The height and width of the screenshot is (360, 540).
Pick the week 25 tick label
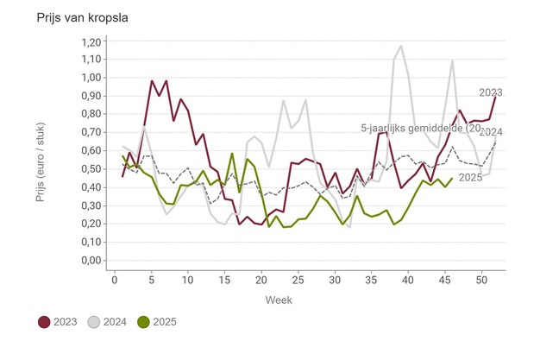point(298,280)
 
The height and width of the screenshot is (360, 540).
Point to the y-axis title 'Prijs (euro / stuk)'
point(41,153)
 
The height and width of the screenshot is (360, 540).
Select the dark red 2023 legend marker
point(44,322)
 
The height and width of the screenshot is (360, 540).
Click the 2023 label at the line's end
point(491,92)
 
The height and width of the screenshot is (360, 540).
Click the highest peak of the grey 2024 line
point(401,47)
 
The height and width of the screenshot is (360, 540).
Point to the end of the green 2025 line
point(452,179)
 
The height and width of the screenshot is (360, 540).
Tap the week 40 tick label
point(408,280)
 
